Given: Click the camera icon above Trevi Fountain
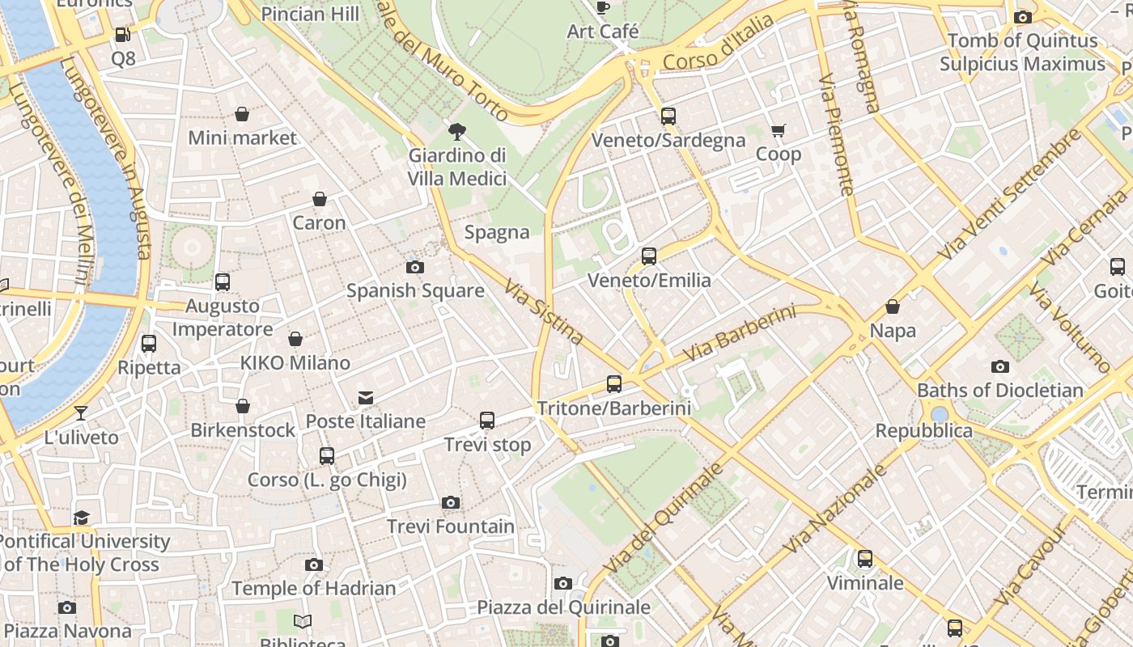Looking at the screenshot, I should click(x=451, y=503).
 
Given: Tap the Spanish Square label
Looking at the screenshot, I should click(x=415, y=290).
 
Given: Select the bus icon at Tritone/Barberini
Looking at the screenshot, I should click(x=614, y=384).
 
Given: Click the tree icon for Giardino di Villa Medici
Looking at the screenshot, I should click(x=457, y=131).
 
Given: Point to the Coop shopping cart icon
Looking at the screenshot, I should click(x=779, y=130).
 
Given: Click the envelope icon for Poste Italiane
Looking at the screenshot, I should click(x=366, y=397).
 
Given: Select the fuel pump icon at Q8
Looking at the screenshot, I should click(x=123, y=35).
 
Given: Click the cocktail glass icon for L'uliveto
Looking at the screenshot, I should click(x=81, y=413).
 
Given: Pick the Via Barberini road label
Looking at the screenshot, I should click(x=740, y=333).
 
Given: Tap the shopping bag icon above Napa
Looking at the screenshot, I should click(x=893, y=307).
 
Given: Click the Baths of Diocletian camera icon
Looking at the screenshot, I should click(x=1000, y=366).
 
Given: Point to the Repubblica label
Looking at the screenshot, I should click(x=924, y=430).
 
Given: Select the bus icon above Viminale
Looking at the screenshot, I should click(x=865, y=559).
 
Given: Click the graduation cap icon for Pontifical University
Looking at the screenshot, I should click(x=82, y=518).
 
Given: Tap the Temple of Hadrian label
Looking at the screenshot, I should click(x=314, y=588).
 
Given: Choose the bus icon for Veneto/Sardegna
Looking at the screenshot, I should click(x=668, y=116).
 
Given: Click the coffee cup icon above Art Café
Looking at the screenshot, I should click(x=602, y=8).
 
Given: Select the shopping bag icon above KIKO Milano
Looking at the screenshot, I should click(x=295, y=339).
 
